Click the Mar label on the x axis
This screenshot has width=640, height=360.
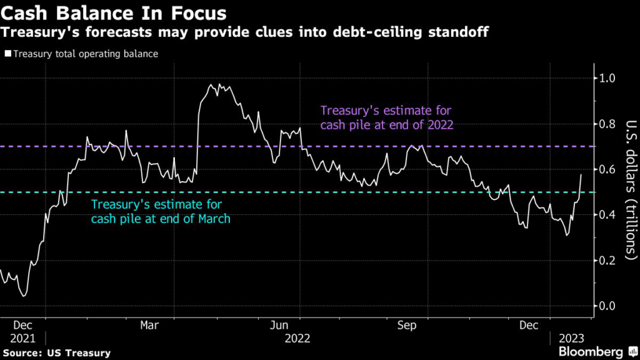pos(149,326)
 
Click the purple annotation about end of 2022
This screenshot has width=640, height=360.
pos(386,117)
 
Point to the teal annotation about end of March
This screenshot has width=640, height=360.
pos(161,211)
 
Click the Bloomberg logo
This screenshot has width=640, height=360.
pos(591,352)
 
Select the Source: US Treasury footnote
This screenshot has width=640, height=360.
pos(57,353)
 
